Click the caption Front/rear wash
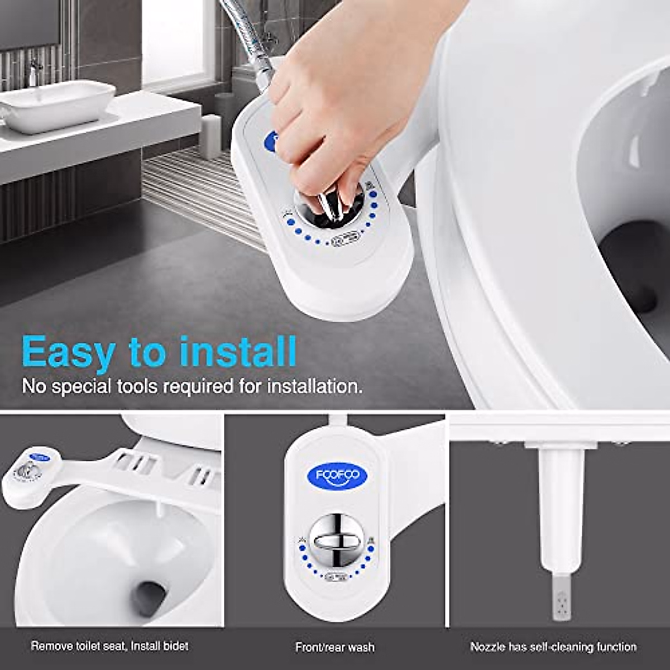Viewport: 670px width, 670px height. coord(335,648)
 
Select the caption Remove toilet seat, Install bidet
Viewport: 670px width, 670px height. coord(109,647)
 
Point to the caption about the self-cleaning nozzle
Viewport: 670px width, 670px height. coord(553,647)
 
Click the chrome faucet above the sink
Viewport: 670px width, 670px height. coord(35,71)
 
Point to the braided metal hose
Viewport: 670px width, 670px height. coord(248,33)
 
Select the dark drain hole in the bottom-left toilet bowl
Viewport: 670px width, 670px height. coord(149,597)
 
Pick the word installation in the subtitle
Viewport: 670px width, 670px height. coord(314,386)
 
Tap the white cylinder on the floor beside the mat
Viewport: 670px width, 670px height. coord(210,137)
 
